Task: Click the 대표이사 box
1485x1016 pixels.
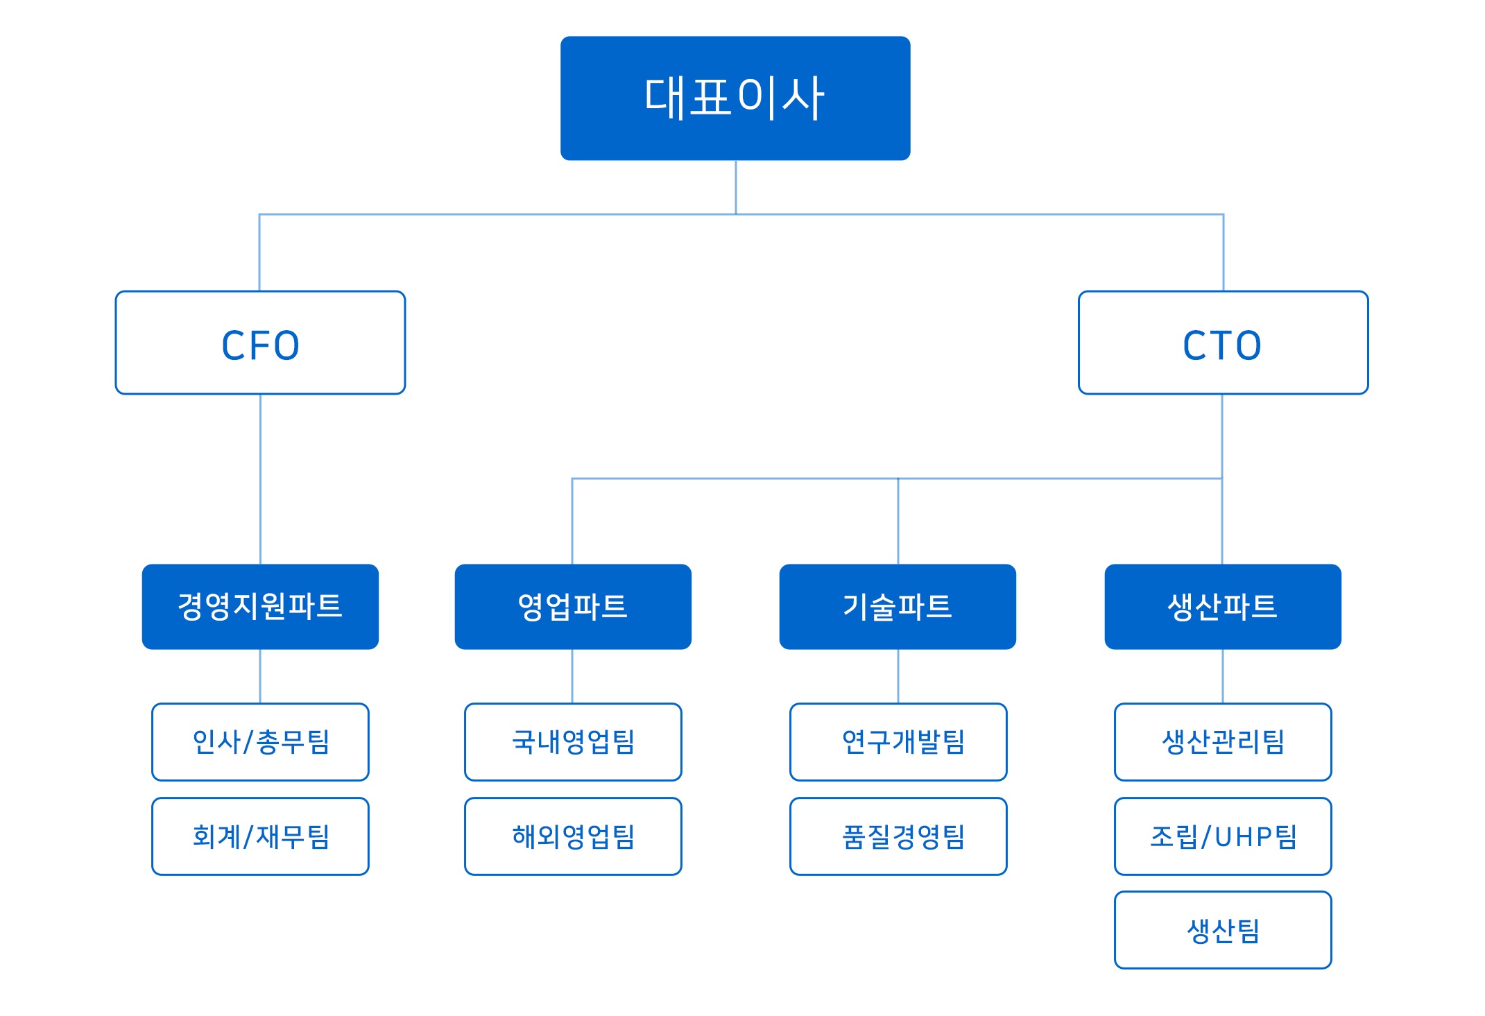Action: [735, 98]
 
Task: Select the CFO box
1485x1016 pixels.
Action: [260, 343]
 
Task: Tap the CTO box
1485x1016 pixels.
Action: [1222, 343]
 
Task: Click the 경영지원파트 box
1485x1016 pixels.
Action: [260, 606]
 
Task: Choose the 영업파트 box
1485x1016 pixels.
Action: [572, 606]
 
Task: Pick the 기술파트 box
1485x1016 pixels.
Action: [897, 606]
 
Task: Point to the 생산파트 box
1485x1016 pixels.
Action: [1222, 606]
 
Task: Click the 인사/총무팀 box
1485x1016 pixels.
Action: [260, 741]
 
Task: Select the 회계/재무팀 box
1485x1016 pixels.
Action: [260, 836]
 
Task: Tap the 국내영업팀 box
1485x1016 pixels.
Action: [572, 741]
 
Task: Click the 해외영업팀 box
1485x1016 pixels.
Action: [572, 836]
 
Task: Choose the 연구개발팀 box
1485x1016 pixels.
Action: [898, 741]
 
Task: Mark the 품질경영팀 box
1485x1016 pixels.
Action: [898, 836]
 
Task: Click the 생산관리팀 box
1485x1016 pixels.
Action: [1222, 741]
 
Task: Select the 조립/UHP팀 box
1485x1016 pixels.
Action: [1222, 836]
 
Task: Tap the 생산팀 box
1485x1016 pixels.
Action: [1222, 929]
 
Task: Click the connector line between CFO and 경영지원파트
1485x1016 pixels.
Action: [260, 479]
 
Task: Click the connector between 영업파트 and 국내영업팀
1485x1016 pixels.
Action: [572, 676]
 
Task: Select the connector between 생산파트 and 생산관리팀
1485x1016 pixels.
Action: [1222, 676]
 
